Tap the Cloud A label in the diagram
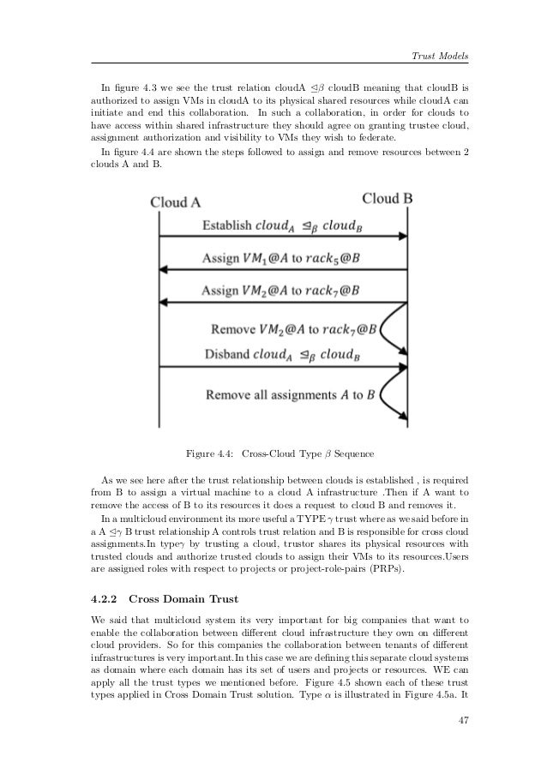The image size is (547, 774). click(x=176, y=202)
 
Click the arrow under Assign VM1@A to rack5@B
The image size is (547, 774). click(x=283, y=269)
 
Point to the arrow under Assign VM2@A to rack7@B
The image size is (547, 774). click(x=283, y=302)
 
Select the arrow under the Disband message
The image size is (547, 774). click(x=283, y=367)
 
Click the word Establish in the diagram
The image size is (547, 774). click(x=227, y=226)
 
